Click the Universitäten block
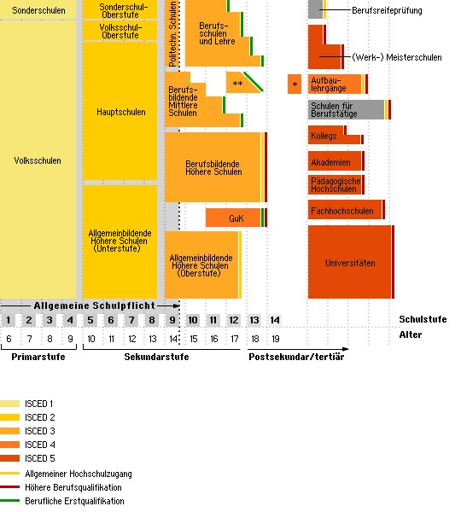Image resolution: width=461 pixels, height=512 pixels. [349, 262]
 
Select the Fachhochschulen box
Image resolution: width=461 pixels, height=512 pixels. [345, 210]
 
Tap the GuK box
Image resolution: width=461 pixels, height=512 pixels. [233, 218]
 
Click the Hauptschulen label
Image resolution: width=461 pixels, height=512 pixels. [121, 112]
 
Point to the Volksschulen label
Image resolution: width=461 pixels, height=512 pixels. [38, 160]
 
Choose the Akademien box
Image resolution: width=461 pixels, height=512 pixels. [335, 161]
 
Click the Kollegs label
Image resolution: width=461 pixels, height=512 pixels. [324, 136]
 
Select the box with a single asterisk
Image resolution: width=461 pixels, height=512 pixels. [295, 84]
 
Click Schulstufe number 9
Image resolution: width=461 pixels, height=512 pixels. [172, 320]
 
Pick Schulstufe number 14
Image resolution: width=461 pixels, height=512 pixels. [275, 320]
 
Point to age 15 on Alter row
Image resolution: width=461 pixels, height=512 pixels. [194, 339]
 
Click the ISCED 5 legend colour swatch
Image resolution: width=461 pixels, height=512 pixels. [9, 458]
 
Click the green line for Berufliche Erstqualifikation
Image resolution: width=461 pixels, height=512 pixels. [9, 501]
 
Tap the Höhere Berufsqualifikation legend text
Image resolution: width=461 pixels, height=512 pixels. [73, 487]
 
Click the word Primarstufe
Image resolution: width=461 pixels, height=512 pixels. [38, 357]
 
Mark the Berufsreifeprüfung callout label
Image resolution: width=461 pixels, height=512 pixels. [387, 11]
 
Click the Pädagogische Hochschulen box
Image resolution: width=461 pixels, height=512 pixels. [335, 185]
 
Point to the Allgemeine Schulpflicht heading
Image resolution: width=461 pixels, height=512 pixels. [95, 305]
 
